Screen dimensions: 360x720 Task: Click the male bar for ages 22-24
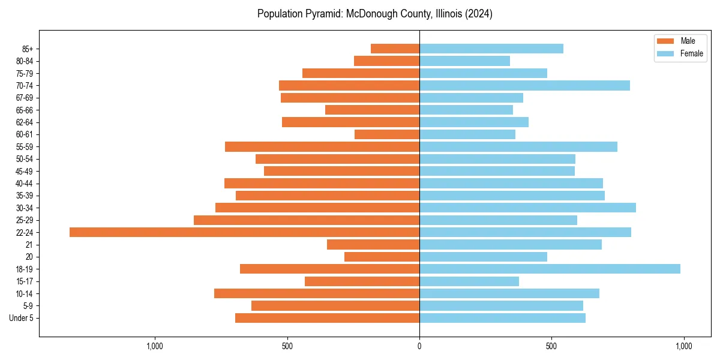[x=244, y=232]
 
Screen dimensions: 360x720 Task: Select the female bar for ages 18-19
[x=550, y=269]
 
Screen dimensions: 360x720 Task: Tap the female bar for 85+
[x=491, y=49]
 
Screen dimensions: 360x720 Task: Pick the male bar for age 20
[x=382, y=257]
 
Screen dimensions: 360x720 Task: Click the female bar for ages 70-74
[x=524, y=85]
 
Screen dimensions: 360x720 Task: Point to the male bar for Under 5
[x=327, y=318]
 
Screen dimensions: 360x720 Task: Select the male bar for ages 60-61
[x=387, y=134]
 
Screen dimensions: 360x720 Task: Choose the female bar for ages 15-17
[x=469, y=281]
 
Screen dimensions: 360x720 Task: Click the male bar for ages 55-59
[x=322, y=146]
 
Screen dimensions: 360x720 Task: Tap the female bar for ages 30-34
[x=527, y=208]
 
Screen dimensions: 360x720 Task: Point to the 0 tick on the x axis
[x=419, y=346]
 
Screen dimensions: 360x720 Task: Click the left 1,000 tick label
[x=155, y=346]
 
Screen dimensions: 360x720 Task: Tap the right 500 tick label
[x=551, y=346]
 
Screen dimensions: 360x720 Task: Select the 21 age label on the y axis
[x=29, y=245]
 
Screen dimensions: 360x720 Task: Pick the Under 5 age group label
[x=22, y=318]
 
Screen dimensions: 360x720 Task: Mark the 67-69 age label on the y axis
[x=25, y=98]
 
